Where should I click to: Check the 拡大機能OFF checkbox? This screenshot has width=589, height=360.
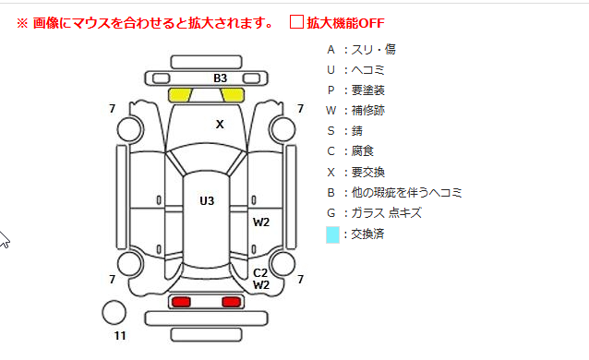[296, 22]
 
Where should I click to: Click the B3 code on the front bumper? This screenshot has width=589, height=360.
[220, 78]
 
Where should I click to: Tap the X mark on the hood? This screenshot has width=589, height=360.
[220, 124]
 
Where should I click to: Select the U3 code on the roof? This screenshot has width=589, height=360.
[207, 200]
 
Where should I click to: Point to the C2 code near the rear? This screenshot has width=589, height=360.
[260, 273]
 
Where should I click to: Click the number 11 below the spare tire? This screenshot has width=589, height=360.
[120, 336]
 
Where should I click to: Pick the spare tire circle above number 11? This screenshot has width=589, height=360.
[114, 313]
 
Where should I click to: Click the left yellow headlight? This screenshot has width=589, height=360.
[180, 95]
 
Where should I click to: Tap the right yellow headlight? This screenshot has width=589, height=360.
[232, 95]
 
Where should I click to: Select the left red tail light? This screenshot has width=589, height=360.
[181, 302]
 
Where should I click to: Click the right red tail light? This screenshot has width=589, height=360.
[231, 302]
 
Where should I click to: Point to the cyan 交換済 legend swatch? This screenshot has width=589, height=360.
[332, 234]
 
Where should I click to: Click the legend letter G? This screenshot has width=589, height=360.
[331, 213]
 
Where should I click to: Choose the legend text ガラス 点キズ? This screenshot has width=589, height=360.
[386, 213]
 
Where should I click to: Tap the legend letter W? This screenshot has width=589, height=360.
[331, 111]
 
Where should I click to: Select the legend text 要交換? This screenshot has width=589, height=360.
[367, 172]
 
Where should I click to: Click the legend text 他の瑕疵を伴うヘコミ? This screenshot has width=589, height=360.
[406, 192]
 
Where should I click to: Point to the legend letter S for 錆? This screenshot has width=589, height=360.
[331, 131]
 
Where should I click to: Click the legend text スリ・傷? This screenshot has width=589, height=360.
[373, 49]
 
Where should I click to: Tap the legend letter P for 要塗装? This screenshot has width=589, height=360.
[331, 90]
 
